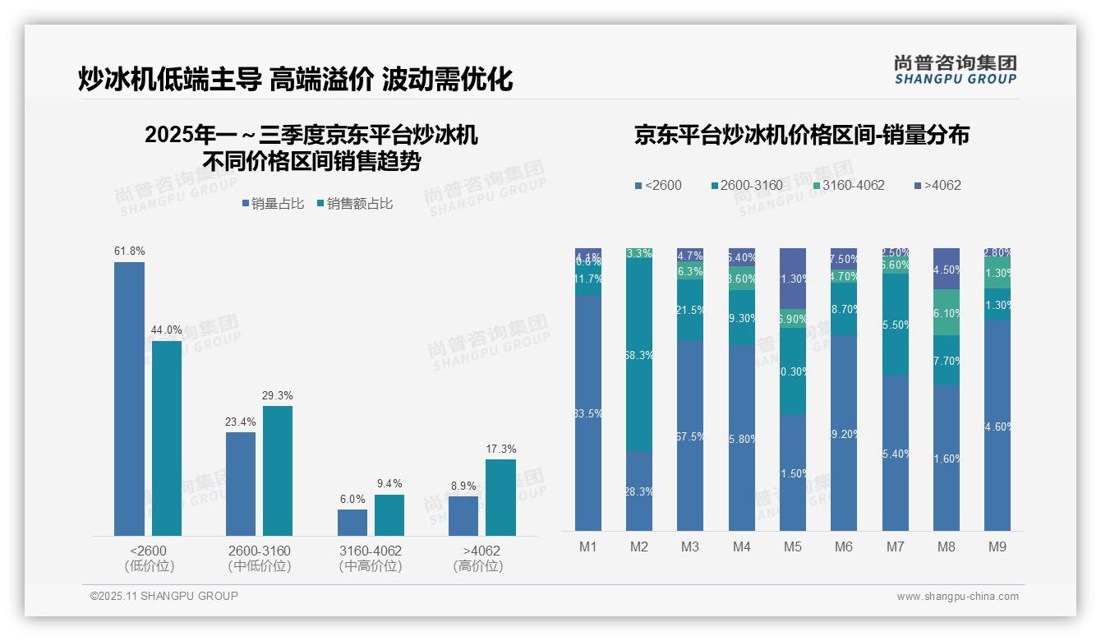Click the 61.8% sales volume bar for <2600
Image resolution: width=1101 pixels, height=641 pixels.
pyautogui.click(x=129, y=399)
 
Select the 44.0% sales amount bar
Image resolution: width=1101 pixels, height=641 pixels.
pyautogui.click(x=167, y=438)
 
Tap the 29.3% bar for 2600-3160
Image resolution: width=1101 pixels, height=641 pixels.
pyautogui.click(x=278, y=470)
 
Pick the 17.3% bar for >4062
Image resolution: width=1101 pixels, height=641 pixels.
pyautogui.click(x=500, y=497)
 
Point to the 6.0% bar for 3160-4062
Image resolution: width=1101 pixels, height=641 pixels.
pyautogui.click(x=352, y=522)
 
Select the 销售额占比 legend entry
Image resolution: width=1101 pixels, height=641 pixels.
pyautogui.click(x=354, y=204)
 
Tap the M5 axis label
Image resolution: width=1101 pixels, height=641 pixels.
pyautogui.click(x=792, y=546)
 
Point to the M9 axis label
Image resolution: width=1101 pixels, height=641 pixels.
pyautogui.click(x=997, y=546)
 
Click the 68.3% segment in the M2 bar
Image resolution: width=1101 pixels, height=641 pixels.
pyautogui.click(x=639, y=355)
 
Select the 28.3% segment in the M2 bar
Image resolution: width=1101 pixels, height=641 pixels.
pyautogui.click(x=639, y=491)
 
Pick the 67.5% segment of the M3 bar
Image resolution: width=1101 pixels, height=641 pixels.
pyautogui.click(x=690, y=436)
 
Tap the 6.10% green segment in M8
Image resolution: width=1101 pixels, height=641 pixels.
pyautogui.click(x=947, y=312)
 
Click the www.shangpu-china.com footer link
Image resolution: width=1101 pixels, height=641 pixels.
pyautogui.click(x=957, y=597)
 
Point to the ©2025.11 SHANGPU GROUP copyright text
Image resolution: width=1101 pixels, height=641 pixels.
pyautogui.click(x=164, y=596)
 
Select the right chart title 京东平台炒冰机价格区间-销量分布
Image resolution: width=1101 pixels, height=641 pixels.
pyautogui.click(x=801, y=135)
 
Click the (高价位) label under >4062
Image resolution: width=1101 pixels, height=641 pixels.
pyautogui.click(x=478, y=566)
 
